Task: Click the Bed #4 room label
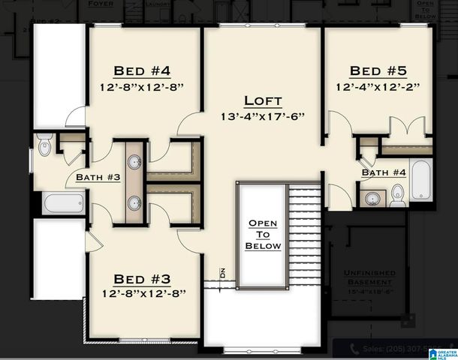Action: [x=142, y=71]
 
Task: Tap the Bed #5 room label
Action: [x=378, y=71]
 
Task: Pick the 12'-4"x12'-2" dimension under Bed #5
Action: [x=378, y=87]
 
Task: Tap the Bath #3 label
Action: [x=98, y=178]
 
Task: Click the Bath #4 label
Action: [x=384, y=172]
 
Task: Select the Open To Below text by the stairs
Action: [x=264, y=235]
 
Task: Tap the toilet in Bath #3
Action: [x=44, y=145]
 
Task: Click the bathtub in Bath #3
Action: [x=63, y=203]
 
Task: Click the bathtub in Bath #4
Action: [x=421, y=180]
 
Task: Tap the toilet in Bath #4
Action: [x=398, y=196]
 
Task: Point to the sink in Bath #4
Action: [x=372, y=199]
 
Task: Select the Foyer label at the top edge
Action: [x=101, y=4]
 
